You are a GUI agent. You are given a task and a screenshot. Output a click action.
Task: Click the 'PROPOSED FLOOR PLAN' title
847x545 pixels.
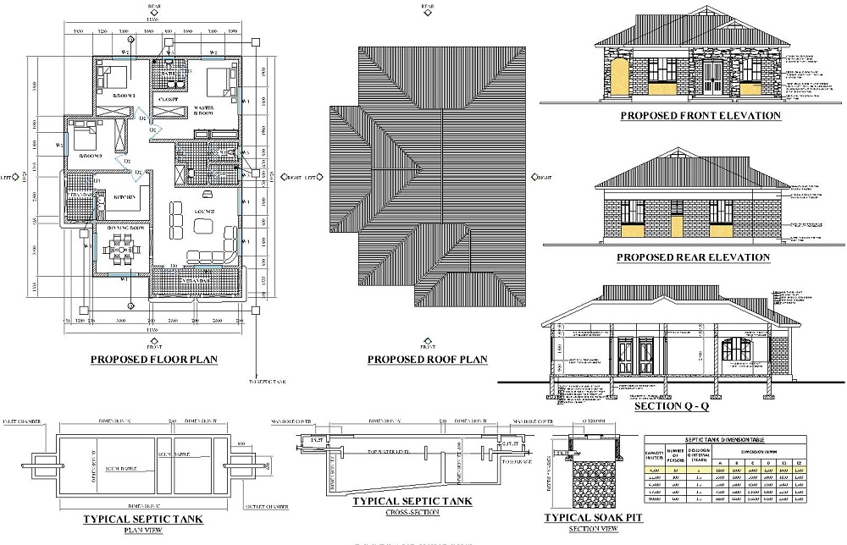tap(154, 360)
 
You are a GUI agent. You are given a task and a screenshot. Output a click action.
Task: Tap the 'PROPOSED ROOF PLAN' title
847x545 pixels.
tap(427, 360)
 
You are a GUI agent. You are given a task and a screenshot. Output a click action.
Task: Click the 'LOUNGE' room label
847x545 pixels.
tap(202, 211)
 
